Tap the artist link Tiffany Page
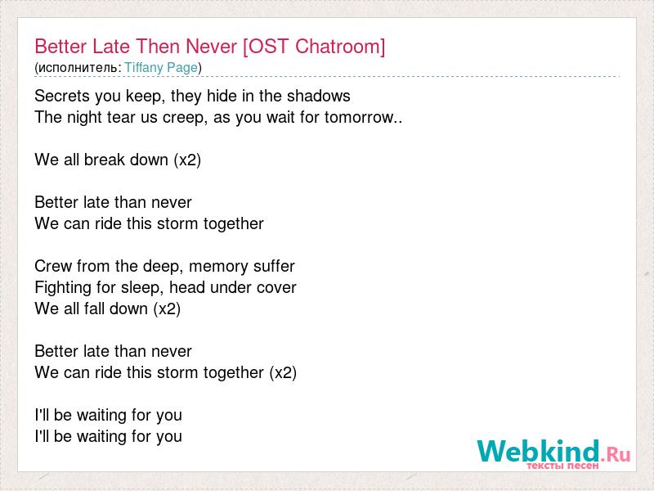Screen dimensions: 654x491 (x=161, y=68)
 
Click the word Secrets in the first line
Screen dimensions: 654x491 (x=62, y=96)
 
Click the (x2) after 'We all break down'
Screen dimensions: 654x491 (x=187, y=160)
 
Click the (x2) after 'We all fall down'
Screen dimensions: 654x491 (x=167, y=309)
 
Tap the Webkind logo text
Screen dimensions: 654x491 (x=539, y=451)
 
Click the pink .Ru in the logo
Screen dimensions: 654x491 (x=616, y=454)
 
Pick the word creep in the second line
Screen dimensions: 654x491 (x=185, y=118)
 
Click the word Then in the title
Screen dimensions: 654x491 (x=158, y=47)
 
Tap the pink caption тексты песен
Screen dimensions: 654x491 (x=562, y=465)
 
